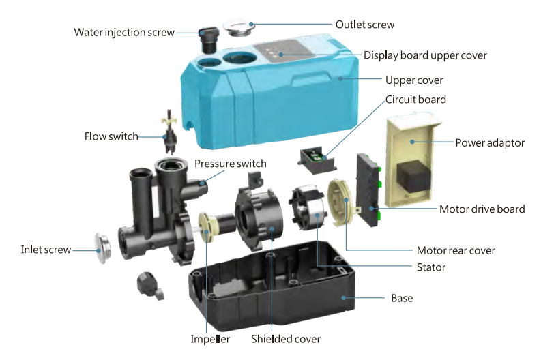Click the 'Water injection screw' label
[x=124, y=32]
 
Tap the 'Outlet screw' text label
[x=364, y=25]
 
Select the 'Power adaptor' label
[x=490, y=143]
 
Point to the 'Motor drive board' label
[x=482, y=209]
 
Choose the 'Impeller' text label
[x=211, y=339]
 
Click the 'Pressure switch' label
[x=230, y=164]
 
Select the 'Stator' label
[x=430, y=267]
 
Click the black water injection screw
[x=207, y=39]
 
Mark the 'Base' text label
[x=401, y=298]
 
